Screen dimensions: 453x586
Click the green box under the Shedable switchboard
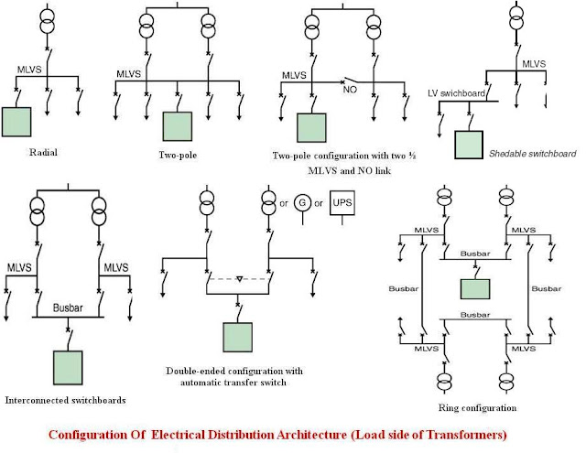coord(469,145)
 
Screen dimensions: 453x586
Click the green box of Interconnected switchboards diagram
coord(69,367)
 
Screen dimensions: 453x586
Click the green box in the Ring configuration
coord(474,288)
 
